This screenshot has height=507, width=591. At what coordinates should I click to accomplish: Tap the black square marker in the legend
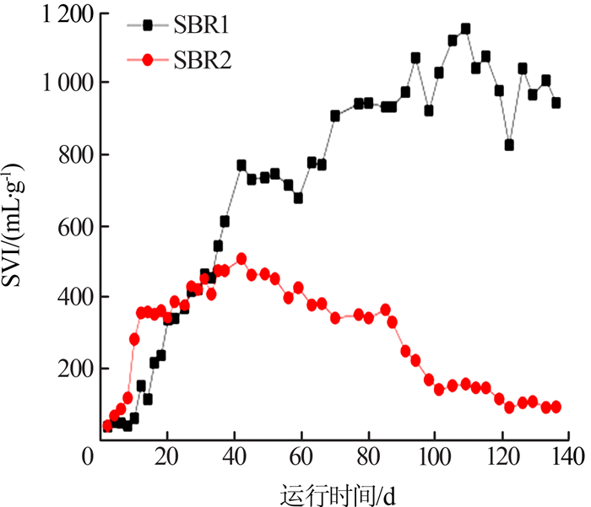(148, 25)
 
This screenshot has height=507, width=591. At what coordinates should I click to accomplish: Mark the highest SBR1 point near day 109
(465, 29)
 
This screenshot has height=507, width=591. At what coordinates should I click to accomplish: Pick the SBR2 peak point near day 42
(241, 259)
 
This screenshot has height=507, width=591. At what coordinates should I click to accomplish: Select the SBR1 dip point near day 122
(509, 145)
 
